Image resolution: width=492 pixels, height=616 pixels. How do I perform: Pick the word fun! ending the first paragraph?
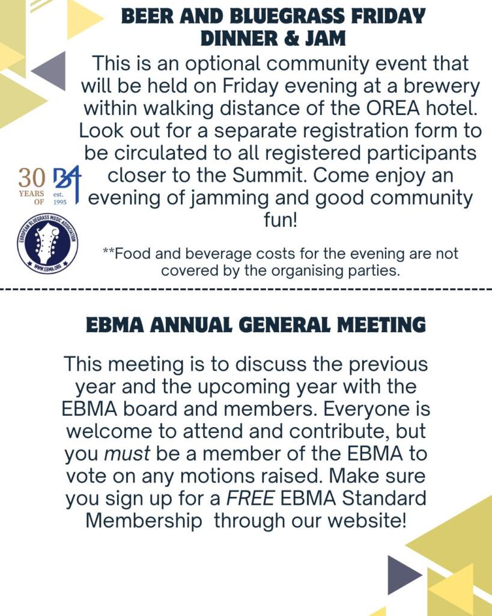click(x=281, y=220)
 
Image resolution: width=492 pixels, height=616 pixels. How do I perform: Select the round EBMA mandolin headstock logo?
click(x=47, y=243)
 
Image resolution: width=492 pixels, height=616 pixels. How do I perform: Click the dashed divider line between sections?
click(x=246, y=289)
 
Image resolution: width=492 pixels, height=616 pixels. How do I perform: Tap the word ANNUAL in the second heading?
click(x=193, y=325)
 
